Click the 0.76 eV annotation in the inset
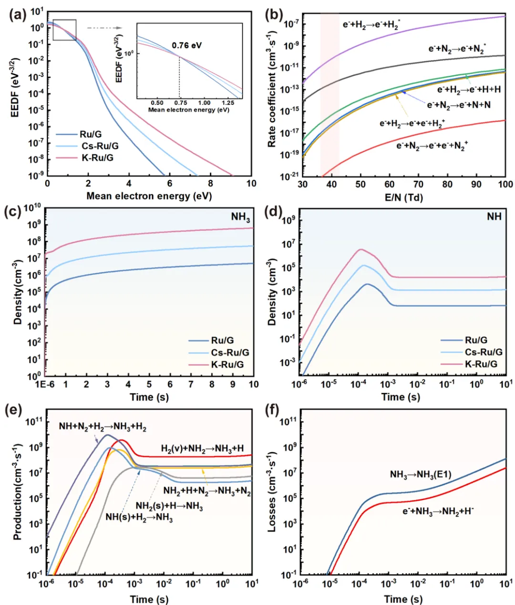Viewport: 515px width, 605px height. [x=187, y=46]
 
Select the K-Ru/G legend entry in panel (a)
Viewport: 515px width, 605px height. [x=84, y=158]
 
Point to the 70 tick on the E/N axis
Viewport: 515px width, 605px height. [x=419, y=184]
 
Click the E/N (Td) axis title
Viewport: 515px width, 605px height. [x=404, y=198]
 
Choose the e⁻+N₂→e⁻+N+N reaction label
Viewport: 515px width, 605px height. [x=459, y=105]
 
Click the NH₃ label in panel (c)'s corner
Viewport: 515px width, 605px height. [x=240, y=217]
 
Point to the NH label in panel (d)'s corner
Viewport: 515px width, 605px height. [x=494, y=217]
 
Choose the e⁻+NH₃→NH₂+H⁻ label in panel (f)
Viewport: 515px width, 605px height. [x=438, y=511]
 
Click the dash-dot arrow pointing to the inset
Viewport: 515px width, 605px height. [x=104, y=28]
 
